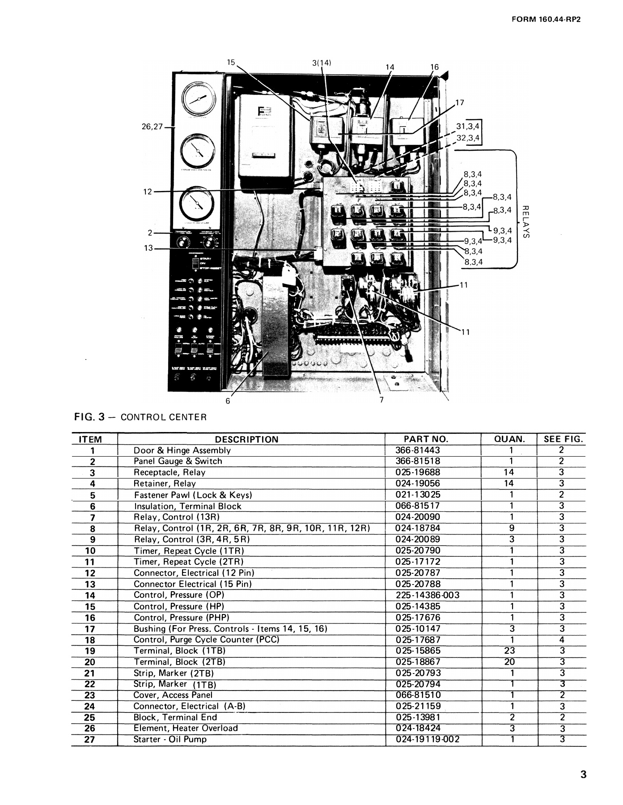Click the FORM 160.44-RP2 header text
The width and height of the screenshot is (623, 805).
point(548,20)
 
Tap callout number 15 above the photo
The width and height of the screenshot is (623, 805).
point(230,63)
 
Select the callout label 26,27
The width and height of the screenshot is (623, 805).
point(153,127)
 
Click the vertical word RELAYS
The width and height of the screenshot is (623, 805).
point(526,221)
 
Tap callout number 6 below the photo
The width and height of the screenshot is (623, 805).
point(228,401)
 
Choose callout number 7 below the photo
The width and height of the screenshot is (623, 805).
point(381,400)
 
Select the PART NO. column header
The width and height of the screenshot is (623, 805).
point(425,439)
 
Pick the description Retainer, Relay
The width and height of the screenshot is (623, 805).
point(165,483)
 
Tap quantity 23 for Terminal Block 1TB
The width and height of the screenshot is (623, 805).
point(509,651)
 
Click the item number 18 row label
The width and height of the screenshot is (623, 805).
point(90,640)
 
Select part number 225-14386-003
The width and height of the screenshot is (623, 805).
point(428,595)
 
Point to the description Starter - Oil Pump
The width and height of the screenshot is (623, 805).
point(170,739)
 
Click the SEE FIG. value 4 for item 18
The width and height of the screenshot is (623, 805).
point(562,640)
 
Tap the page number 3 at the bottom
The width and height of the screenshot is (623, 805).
point(583,775)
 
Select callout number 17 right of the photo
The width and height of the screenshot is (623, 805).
point(460,103)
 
